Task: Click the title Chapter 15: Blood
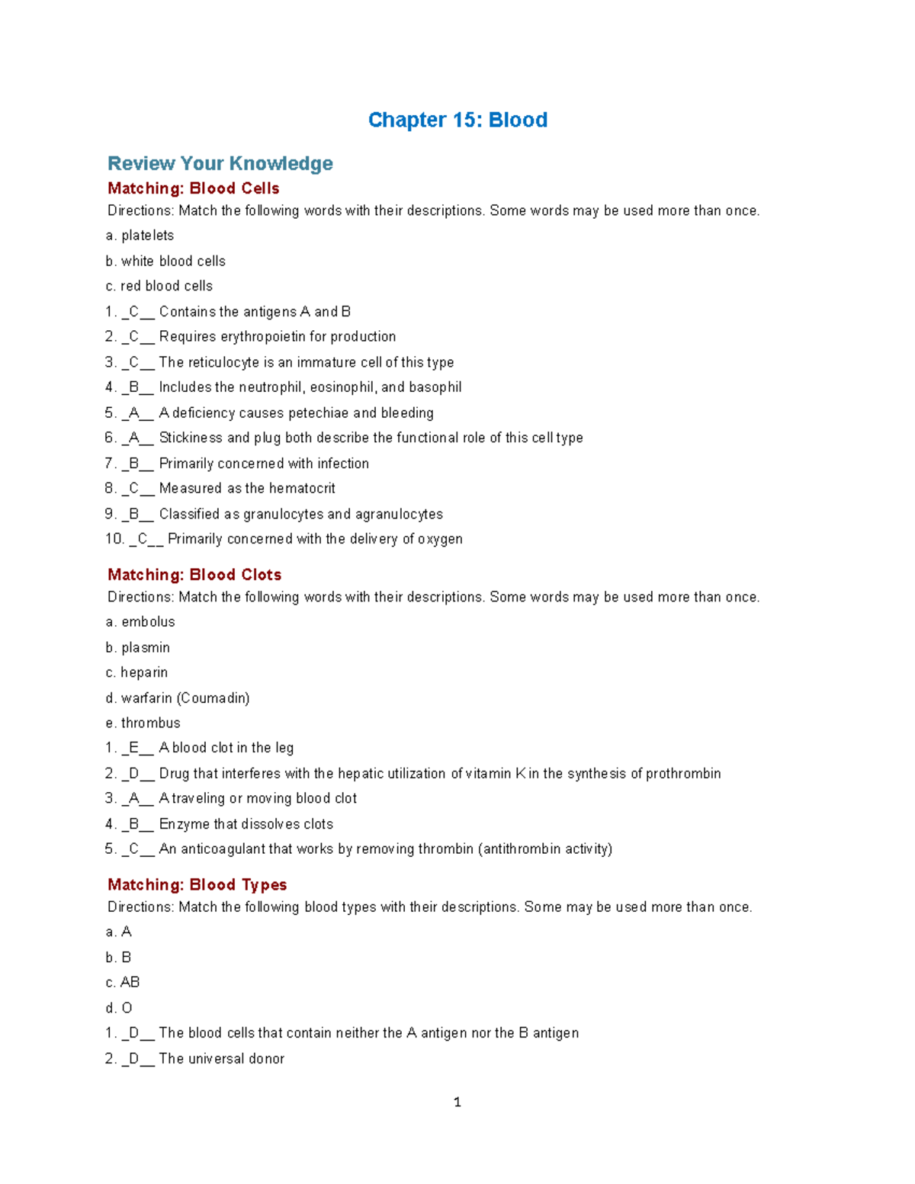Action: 457,120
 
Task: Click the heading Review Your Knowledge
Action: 220,163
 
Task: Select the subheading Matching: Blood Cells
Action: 194,188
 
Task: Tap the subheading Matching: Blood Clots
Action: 194,575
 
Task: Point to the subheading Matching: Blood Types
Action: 197,884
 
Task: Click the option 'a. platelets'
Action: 140,236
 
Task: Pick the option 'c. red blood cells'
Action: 159,286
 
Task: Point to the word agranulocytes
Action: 399,514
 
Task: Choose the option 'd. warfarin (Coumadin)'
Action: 178,698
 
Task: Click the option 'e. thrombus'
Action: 143,723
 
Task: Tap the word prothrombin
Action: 683,773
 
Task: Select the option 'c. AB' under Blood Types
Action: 123,982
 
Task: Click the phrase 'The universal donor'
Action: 222,1058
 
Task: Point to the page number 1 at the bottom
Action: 457,1102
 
